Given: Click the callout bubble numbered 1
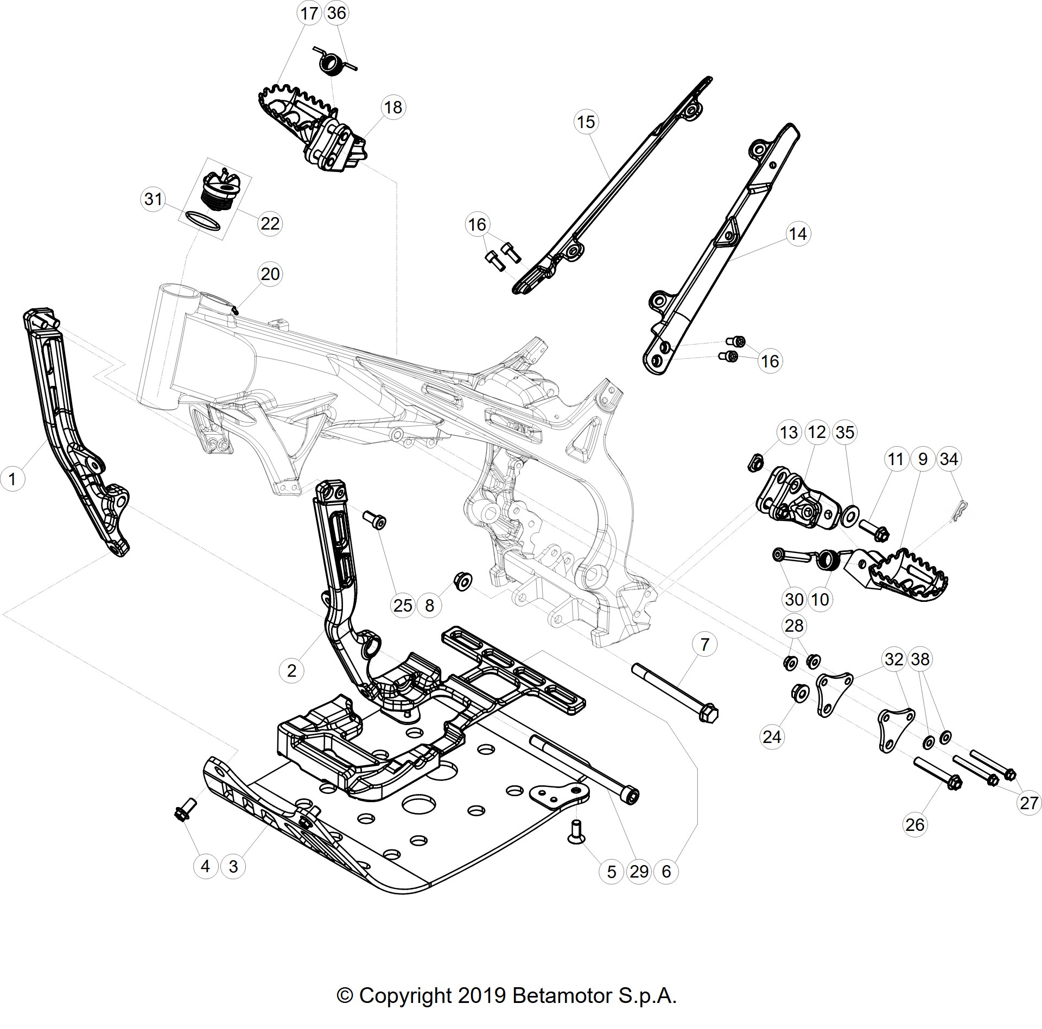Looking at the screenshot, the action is tap(13, 479).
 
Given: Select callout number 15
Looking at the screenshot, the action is tap(586, 122).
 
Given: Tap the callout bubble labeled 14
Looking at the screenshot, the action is tap(798, 234).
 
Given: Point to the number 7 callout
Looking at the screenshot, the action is tap(704, 644).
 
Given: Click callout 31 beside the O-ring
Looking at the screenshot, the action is tap(154, 199).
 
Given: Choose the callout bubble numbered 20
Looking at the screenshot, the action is tap(270, 274).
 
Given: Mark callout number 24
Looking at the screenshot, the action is tap(772, 736).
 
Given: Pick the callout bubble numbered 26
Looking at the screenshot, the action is tap(915, 824).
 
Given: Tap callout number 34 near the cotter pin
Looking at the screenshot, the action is tap(949, 459).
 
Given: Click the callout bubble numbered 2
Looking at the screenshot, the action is tap(291, 671).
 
